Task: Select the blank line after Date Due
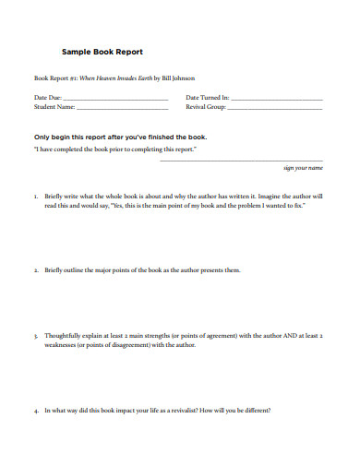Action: [x=115, y=99]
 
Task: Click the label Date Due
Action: [x=48, y=97]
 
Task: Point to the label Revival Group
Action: [x=206, y=107]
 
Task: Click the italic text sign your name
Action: [x=303, y=169]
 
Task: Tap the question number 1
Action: [x=35, y=197]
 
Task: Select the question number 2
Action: [x=35, y=270]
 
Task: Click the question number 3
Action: [x=35, y=336]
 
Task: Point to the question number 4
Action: [x=35, y=411]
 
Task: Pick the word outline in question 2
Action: [x=77, y=270]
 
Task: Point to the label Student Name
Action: [x=54, y=107]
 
